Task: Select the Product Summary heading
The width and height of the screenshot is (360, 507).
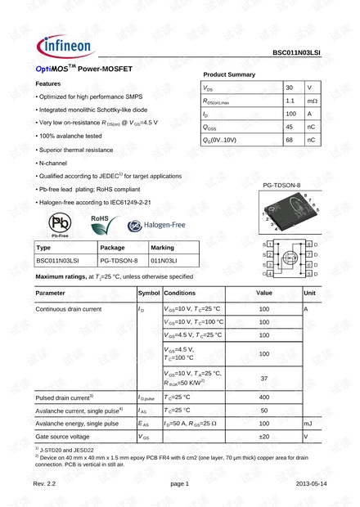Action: pos(228,74)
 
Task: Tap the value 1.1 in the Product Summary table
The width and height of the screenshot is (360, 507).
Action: pos(290,101)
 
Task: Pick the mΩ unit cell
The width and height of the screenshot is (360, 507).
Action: pos(312,101)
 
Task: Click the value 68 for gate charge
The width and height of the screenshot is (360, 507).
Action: pos(290,140)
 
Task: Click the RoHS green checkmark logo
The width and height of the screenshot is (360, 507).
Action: pos(100,222)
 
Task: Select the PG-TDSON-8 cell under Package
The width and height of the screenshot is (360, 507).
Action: pos(119,261)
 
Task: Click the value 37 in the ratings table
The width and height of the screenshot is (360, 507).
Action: pos(263,379)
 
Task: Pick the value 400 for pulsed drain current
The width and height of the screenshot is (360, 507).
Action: pos(263,397)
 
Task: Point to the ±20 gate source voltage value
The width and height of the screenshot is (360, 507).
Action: pos(263,437)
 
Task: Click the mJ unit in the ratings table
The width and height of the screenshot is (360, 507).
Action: pos(308,424)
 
